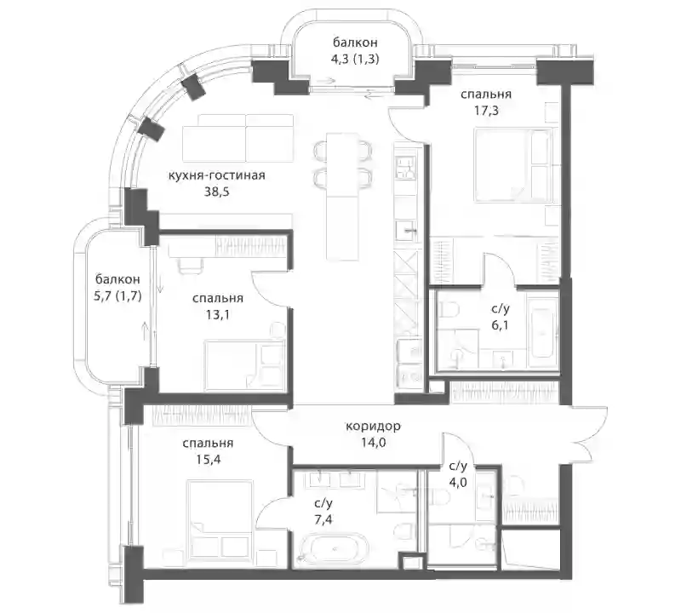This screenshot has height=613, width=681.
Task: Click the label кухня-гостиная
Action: click(216, 175)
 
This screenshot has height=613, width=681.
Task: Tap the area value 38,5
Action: click(217, 192)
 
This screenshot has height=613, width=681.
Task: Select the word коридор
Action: click(373, 427)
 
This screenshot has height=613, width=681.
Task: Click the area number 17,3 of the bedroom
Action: click(486, 111)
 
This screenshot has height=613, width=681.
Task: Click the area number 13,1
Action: click(218, 314)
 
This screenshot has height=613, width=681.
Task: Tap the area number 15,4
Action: click(208, 459)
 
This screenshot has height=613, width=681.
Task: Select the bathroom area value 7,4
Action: click(323, 518)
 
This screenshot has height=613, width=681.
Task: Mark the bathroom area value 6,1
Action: click(500, 325)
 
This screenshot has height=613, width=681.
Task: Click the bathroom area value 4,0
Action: click(458, 482)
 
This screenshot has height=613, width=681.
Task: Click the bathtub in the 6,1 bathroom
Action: click(542, 332)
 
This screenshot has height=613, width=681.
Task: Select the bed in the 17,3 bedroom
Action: click(512, 165)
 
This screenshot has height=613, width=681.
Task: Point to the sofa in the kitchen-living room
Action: click(237, 138)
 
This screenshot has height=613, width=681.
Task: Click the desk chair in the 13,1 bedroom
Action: click(190, 265)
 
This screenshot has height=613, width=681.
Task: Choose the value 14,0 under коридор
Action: click(373, 442)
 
